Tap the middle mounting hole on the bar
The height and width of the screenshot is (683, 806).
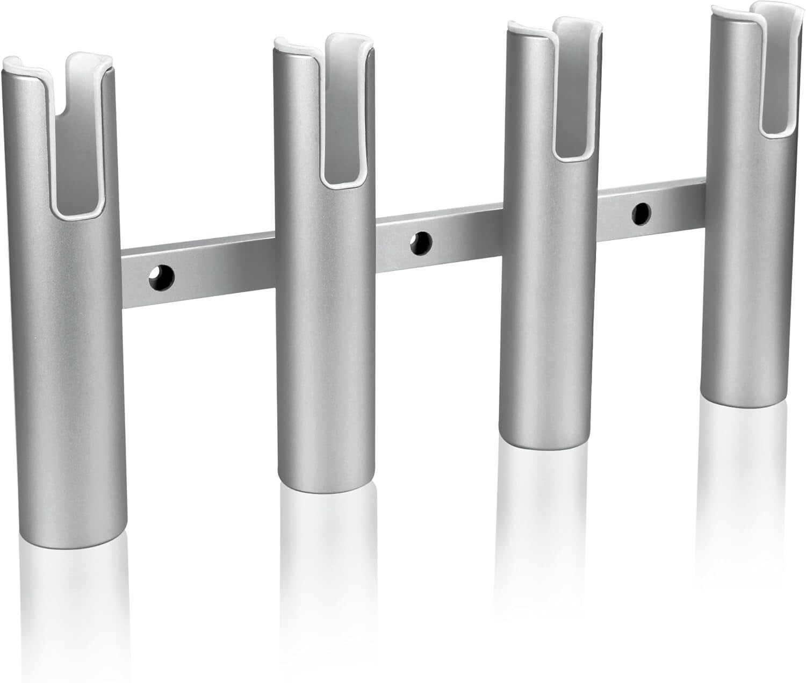coord(421,243)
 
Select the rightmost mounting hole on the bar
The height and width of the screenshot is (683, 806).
coord(641,213)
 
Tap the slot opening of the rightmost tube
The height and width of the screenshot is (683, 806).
coord(779,91)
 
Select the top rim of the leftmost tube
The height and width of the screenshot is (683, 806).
coord(32,67)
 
